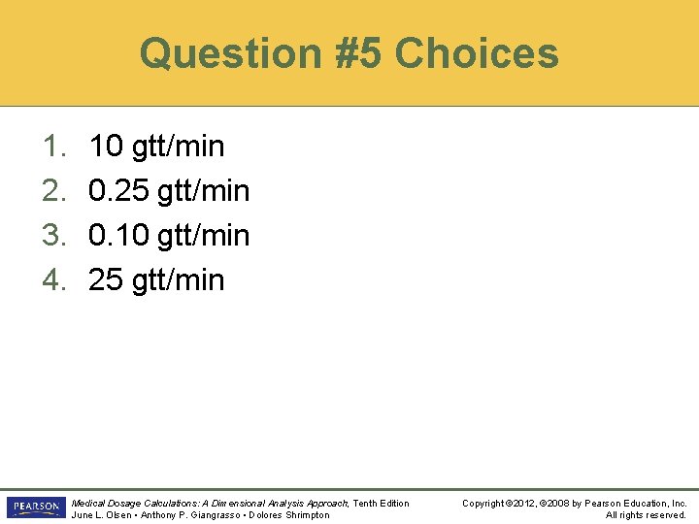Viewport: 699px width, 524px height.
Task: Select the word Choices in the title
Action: tap(477, 53)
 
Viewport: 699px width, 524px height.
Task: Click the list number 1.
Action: tap(52, 147)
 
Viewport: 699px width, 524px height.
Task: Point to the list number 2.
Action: tap(52, 191)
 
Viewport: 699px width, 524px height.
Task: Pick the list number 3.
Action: tap(52, 236)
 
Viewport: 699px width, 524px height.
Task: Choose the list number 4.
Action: tap(52, 280)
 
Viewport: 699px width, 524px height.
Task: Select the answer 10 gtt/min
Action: tap(156, 147)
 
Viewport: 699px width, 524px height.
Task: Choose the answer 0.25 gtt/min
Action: tap(169, 191)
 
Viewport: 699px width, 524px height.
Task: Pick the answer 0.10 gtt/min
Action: tap(169, 236)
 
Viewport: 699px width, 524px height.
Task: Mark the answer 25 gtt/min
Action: tap(156, 280)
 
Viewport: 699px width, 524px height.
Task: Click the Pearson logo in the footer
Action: tap(35, 508)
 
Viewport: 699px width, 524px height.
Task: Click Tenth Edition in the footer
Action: tap(381, 503)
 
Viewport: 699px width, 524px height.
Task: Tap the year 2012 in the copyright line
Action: tap(523, 503)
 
